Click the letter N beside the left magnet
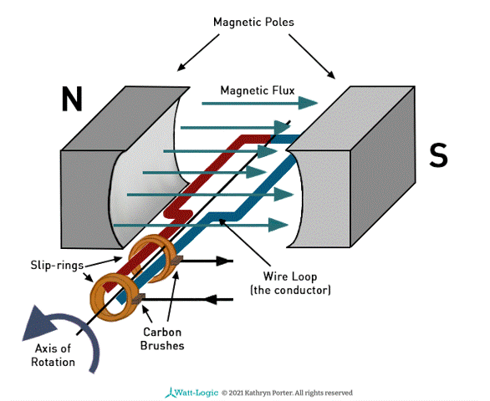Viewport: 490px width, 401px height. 72,99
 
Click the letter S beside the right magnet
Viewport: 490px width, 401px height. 438,155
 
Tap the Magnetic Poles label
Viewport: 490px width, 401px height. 253,23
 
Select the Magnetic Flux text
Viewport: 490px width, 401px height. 258,90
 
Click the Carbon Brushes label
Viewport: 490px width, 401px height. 162,338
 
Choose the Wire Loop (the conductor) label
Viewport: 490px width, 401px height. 290,283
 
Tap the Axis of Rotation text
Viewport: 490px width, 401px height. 54,355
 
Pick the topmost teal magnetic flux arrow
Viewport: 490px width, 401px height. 260,103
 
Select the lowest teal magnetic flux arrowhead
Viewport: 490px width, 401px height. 278,225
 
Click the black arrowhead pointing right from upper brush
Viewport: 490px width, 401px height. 224,261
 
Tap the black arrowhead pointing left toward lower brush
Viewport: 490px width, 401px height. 212,300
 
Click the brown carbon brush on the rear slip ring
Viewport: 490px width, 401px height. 176,260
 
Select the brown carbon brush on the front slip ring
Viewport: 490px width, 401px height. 138,299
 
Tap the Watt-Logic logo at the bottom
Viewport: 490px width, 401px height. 191,393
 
